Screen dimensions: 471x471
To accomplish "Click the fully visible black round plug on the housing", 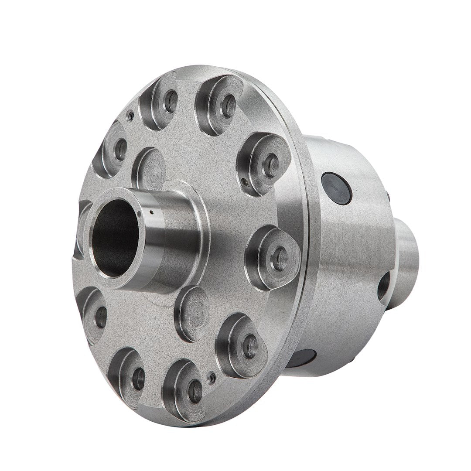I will (x=336, y=188).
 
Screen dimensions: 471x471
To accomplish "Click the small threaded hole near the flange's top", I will (x=130, y=116).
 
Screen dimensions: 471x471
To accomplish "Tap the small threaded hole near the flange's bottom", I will (x=212, y=376).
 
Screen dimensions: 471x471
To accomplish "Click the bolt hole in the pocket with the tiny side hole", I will (x=270, y=165).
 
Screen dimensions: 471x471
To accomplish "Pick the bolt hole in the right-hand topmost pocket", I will (x=227, y=106).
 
